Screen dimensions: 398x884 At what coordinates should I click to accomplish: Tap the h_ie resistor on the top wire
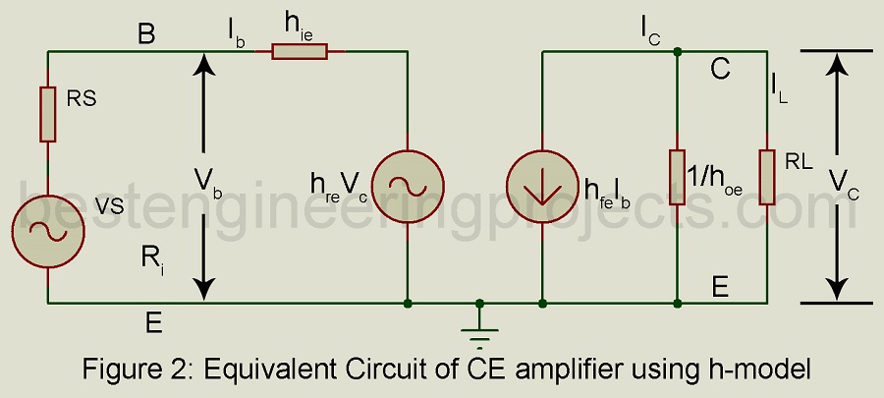point(300,50)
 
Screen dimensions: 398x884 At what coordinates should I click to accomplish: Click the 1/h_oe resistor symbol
point(677,177)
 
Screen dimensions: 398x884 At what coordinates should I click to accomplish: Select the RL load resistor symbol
point(767,177)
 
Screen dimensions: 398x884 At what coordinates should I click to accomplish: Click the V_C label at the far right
point(842,181)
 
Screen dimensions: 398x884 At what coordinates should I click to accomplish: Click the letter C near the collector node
point(721,70)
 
